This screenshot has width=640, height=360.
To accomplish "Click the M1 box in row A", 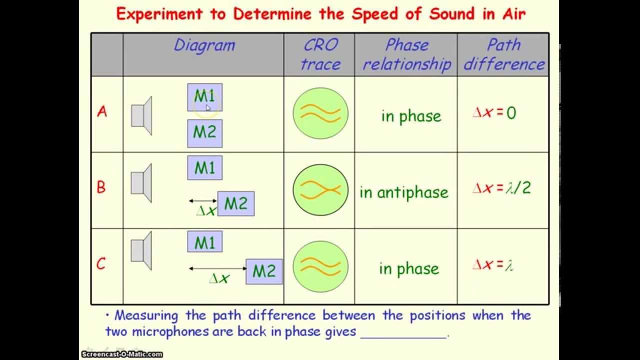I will coord(204,97).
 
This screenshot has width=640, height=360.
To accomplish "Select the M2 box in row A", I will coord(204,133).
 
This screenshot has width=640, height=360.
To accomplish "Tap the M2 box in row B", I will coord(235,203).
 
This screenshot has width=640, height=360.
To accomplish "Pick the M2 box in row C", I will coord(264,271).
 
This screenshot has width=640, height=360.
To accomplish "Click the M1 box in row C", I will coord(204,242).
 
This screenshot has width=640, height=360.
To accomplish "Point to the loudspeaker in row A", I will coord(141,115).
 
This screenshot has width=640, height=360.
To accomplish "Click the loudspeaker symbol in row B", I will coord(141,183).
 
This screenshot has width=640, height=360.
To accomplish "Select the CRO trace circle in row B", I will coord(320,190).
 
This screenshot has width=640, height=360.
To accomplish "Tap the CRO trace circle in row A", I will coord(320,113).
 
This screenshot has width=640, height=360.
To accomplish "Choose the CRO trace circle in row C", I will coord(320,266).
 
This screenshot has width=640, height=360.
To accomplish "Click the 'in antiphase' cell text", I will coord(403,192).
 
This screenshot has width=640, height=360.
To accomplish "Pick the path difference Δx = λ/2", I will coord(501,188).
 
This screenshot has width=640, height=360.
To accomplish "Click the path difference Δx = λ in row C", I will coord(493,265).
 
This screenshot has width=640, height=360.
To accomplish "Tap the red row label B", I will coord(101,187).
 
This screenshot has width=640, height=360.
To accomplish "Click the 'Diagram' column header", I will coord(204,45).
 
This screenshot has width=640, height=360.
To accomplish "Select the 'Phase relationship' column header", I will coord(406,54).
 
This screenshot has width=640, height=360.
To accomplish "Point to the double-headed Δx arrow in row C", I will coord(217,268).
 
